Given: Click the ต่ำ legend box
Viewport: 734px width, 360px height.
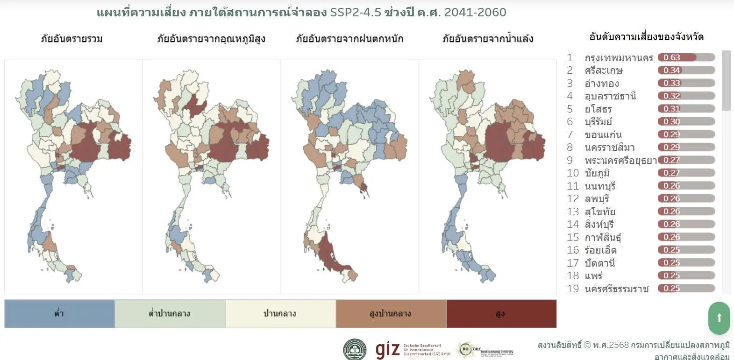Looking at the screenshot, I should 59,314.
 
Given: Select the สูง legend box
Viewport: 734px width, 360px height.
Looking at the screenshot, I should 501,314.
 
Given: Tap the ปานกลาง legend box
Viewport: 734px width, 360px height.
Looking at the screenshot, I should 280,314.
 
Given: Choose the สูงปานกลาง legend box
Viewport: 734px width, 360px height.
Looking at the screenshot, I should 390,314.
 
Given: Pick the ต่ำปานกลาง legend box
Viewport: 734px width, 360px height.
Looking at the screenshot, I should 170,314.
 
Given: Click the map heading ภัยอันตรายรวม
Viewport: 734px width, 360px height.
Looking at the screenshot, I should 71,39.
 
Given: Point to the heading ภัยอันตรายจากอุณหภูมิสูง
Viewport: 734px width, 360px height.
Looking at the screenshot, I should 211,39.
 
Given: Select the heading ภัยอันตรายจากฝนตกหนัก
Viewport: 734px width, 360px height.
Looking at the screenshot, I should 349,39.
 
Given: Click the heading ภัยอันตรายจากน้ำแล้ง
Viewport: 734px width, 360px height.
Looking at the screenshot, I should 488,39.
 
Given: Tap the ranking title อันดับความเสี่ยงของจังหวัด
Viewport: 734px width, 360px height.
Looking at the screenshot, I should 646,37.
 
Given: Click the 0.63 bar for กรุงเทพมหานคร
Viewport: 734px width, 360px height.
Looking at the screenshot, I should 686,57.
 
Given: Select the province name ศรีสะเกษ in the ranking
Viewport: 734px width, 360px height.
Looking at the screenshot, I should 604,71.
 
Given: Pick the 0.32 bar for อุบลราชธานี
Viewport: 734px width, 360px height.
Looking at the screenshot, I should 686,96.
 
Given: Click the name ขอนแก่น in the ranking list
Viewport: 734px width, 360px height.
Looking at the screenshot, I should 603,135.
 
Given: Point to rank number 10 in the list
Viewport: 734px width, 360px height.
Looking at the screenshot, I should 573,173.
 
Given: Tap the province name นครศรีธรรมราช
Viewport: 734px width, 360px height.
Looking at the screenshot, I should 616,289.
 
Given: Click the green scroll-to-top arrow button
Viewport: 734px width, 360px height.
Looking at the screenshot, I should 719,318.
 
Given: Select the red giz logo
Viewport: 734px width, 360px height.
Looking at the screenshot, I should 388,349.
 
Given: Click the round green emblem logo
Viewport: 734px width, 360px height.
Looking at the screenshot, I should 355,350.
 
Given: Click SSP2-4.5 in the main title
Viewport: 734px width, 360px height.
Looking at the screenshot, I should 356,13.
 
